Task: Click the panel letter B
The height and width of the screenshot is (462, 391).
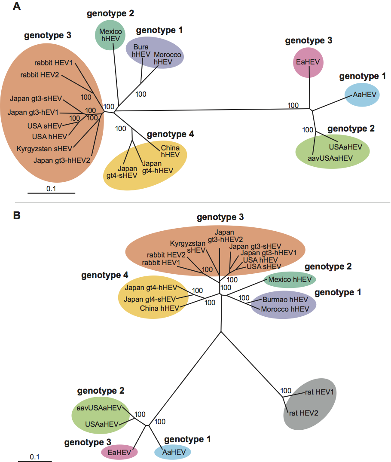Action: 18,215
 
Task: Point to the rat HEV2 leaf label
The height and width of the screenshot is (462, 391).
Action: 302,413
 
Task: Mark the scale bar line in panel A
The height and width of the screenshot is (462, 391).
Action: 52,193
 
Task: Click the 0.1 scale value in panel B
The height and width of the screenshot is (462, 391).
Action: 35,456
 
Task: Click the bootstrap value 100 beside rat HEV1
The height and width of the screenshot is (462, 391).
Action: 286,391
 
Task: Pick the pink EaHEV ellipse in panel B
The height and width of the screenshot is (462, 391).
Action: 119,452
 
